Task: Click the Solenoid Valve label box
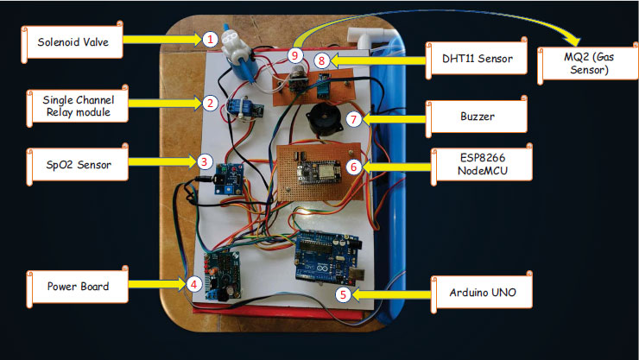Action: tap(71, 40)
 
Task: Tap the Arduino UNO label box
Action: tap(476, 293)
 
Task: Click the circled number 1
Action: tap(210, 39)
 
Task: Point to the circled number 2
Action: tap(209, 103)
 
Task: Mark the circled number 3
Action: tap(204, 160)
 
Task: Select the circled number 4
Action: tap(194, 282)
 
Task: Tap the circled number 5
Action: tap(343, 294)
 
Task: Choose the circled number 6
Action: tap(352, 163)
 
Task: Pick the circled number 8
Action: tap(321, 60)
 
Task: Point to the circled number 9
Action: tap(295, 54)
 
